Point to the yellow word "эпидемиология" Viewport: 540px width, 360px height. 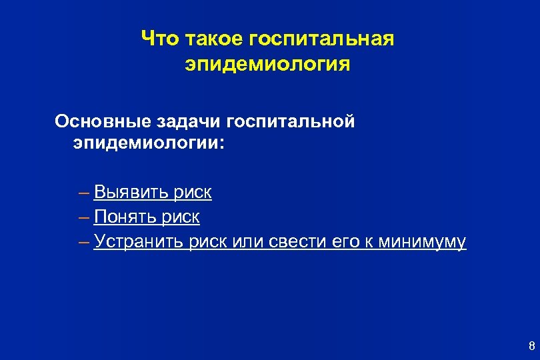[x=267, y=65]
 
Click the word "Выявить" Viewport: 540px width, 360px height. [x=131, y=193]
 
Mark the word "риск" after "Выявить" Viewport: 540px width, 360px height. [x=193, y=193]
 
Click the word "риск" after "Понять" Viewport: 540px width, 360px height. [x=181, y=217]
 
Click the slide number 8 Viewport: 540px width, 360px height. [x=531, y=345]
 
